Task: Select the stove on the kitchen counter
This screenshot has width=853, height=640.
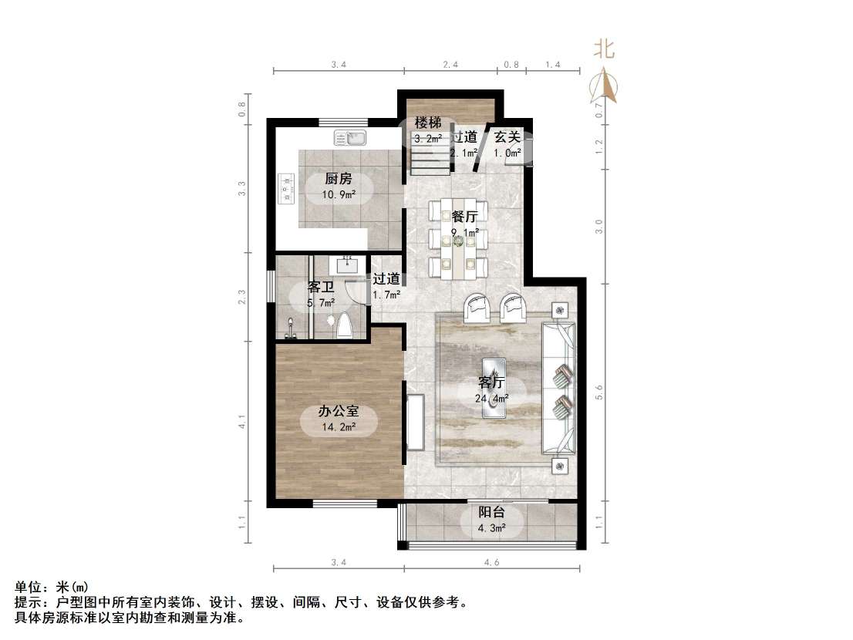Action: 286,186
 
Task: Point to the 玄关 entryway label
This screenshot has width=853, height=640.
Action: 507,137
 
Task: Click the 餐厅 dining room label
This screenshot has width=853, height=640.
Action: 464,216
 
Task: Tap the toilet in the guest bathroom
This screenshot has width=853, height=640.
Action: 345,326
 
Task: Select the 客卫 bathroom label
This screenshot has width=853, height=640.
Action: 321,288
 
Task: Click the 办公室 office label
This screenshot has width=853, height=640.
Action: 338,412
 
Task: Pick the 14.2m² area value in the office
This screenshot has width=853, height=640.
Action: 339,427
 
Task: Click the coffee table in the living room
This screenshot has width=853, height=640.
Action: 494,387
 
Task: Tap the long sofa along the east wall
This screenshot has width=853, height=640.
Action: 559,388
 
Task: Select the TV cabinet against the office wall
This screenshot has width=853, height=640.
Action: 415,422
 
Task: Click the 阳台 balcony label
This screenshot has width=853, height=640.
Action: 492,512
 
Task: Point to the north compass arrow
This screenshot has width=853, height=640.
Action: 604,84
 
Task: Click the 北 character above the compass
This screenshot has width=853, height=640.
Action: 603,49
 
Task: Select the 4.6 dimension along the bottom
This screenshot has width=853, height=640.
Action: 491,563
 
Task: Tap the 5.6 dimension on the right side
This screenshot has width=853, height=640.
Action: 599,392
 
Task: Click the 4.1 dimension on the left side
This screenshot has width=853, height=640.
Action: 241,422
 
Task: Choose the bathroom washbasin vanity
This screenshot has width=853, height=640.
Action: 348,264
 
